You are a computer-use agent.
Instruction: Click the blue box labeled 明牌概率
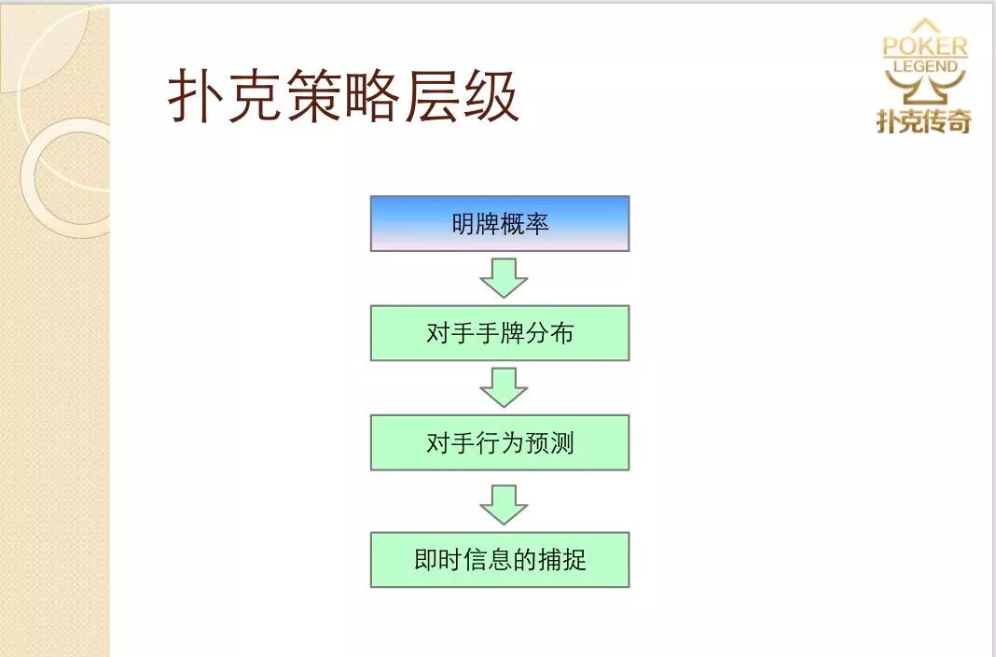(x=500, y=224)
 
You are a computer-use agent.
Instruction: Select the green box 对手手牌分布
(x=500, y=333)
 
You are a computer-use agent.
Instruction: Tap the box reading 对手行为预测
(x=500, y=443)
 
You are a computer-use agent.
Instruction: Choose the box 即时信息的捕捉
(x=500, y=560)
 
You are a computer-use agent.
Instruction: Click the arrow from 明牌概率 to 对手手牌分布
(x=504, y=278)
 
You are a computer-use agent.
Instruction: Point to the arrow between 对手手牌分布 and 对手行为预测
(x=504, y=387)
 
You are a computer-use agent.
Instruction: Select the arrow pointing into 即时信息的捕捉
(x=504, y=505)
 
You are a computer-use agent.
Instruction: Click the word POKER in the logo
(x=925, y=47)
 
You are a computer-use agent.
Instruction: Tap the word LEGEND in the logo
(x=925, y=66)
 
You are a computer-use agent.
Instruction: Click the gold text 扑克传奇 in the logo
(x=923, y=120)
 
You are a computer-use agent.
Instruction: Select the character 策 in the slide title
(x=312, y=96)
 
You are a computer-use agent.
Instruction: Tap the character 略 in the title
(x=372, y=96)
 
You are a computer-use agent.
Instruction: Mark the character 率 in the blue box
(x=537, y=224)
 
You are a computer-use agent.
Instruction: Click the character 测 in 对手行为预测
(x=561, y=443)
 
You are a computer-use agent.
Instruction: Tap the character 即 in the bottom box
(x=426, y=560)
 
